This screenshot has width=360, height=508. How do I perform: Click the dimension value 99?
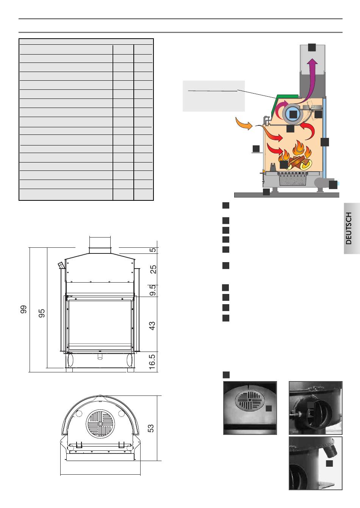(x=23, y=309)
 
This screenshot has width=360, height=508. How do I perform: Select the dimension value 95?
(x=42, y=313)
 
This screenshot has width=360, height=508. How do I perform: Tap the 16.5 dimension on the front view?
(x=152, y=362)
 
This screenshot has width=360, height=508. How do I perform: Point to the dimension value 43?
(x=152, y=326)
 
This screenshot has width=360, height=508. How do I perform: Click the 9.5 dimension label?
(x=153, y=290)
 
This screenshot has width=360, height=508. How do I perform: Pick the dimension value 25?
(x=153, y=269)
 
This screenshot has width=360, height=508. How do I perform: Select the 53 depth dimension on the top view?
(x=150, y=428)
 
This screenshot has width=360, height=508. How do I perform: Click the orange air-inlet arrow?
(x=244, y=123)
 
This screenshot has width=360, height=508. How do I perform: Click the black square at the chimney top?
(x=312, y=47)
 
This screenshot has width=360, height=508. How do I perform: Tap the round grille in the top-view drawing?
(x=100, y=424)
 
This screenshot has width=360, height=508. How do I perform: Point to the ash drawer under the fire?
(x=292, y=179)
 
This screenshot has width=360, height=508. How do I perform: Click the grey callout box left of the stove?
(x=214, y=96)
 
